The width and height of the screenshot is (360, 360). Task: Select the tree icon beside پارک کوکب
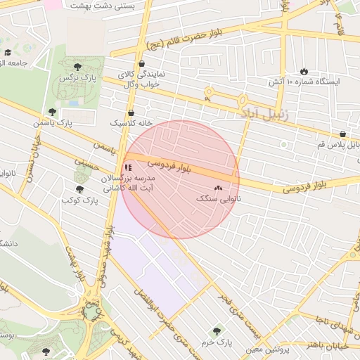pyautogui.click(x=79, y=190)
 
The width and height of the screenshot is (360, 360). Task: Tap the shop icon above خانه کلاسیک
pyautogui.click(x=131, y=112)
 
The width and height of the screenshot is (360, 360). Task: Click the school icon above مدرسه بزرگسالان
pyautogui.click(x=127, y=168)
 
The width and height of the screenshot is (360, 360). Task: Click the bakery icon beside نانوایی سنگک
pyautogui.click(x=218, y=188)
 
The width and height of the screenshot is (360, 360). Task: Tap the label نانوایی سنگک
pyautogui.click(x=218, y=199)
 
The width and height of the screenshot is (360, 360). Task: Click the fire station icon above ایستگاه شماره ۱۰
pyautogui.click(x=304, y=71)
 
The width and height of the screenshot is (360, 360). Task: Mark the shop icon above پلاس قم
pyautogui.click(x=342, y=134)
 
